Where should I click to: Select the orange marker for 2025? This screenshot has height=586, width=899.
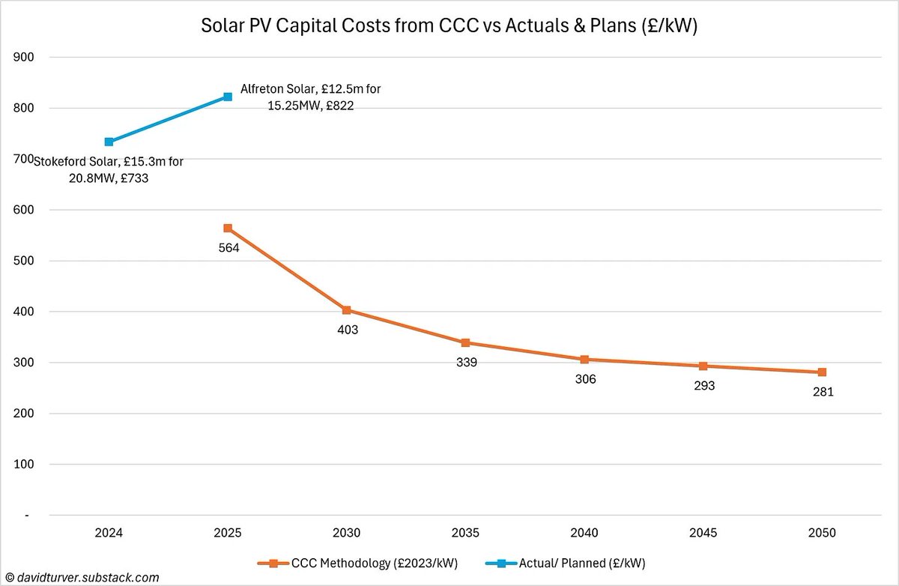[x=228, y=228]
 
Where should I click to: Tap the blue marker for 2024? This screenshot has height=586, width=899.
[x=109, y=142]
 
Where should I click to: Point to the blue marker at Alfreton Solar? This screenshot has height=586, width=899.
[x=228, y=97]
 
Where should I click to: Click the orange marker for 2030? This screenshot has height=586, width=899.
[x=346, y=310]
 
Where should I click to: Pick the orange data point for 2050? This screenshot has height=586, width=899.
[x=822, y=372]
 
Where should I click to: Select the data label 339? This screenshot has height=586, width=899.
[x=467, y=363]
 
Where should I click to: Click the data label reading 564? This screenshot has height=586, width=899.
[x=228, y=248]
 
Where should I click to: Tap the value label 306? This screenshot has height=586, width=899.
[x=585, y=379]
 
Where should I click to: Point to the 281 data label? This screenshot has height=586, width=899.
[x=823, y=392]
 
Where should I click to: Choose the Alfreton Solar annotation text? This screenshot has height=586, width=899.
[x=310, y=97]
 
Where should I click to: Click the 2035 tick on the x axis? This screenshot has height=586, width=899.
[x=465, y=533]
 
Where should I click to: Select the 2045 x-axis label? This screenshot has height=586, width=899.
[x=703, y=533]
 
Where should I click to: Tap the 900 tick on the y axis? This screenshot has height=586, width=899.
[x=34, y=57]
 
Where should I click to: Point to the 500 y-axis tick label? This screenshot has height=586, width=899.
[x=34, y=261]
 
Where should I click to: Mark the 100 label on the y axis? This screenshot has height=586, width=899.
[x=34, y=465]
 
